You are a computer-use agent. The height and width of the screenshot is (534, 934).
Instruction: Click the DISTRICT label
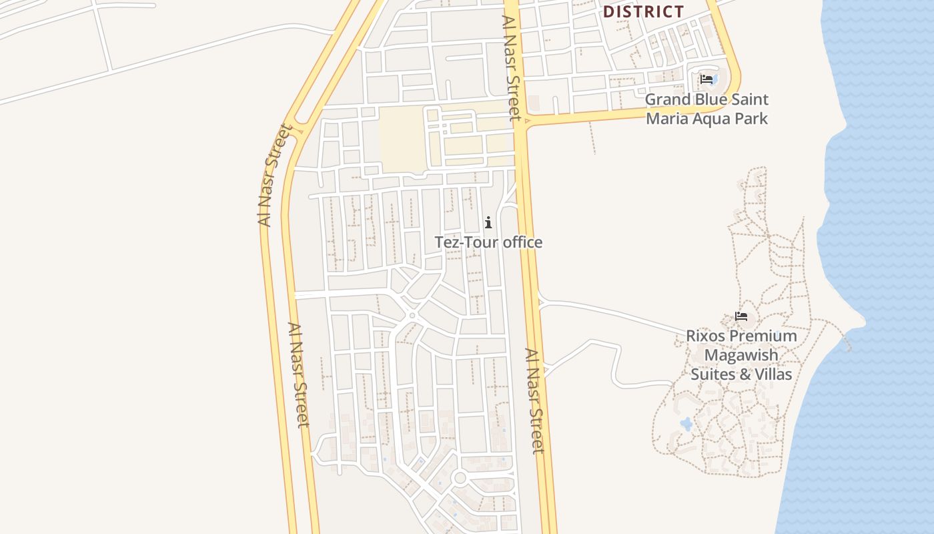(643, 11)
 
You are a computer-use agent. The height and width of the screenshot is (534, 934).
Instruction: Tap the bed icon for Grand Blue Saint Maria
(707, 79)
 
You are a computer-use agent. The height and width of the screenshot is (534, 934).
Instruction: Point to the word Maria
(666, 119)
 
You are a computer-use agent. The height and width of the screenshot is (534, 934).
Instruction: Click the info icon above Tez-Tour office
(488, 222)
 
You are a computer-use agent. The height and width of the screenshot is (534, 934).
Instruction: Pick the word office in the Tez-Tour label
(522, 242)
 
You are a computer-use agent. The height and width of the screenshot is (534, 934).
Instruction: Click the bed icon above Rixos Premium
(741, 316)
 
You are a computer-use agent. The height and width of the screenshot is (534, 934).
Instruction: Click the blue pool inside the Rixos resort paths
(686, 424)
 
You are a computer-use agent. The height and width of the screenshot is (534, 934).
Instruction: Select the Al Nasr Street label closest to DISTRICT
(511, 67)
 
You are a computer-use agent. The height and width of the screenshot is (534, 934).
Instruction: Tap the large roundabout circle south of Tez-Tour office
(459, 477)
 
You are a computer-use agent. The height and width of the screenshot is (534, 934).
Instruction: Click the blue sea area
(881, 200)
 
